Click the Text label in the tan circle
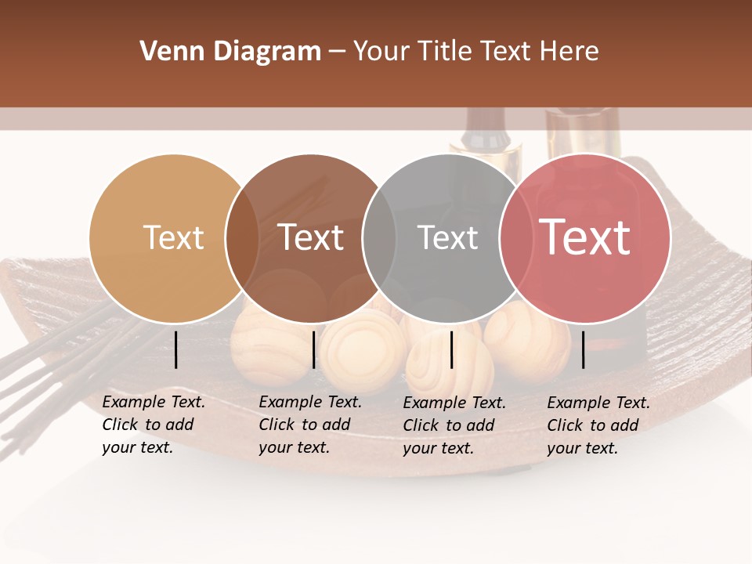(x=173, y=237)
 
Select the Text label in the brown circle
(x=310, y=237)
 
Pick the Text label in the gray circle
(x=447, y=237)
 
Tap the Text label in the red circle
(x=584, y=237)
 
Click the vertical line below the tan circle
(x=175, y=349)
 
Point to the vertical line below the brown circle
(x=313, y=349)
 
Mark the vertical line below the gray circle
(x=451, y=349)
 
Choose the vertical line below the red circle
(x=583, y=349)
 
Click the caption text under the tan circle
(x=153, y=425)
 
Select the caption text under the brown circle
(x=309, y=425)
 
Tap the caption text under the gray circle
(x=454, y=425)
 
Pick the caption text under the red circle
(x=598, y=425)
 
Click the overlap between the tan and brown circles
(x=242, y=238)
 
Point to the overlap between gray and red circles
(x=516, y=238)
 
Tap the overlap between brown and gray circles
(x=379, y=238)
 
